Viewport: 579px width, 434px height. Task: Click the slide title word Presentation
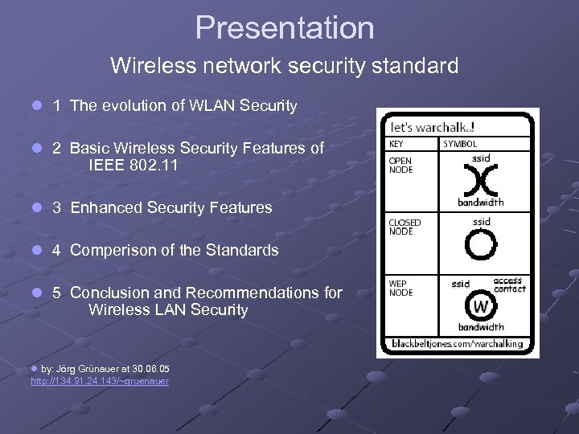click(x=285, y=28)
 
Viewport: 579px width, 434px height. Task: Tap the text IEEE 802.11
click(x=133, y=166)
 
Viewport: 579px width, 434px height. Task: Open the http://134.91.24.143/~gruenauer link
click(x=100, y=381)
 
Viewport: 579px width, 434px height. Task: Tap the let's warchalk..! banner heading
click(x=432, y=127)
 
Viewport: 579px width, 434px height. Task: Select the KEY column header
click(x=397, y=144)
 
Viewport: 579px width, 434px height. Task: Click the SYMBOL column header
click(x=460, y=144)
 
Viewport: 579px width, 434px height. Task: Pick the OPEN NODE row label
click(x=400, y=165)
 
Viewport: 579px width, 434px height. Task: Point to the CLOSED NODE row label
click(x=404, y=227)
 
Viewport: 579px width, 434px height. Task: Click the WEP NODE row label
click(x=400, y=289)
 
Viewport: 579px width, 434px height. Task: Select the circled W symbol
click(x=481, y=306)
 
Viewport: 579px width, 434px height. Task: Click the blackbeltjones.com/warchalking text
click(x=457, y=344)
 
